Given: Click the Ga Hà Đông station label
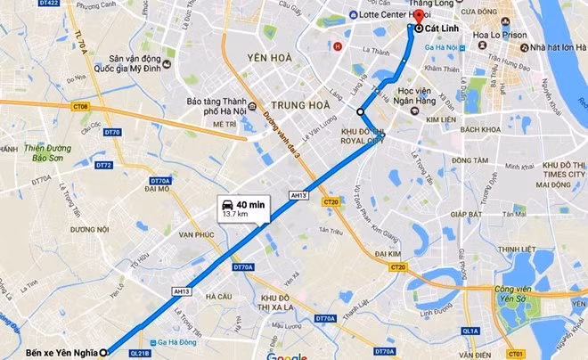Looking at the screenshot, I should (x=178, y=342).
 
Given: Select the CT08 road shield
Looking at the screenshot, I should (x=81, y=107).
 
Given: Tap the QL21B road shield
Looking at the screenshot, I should (x=141, y=353).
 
